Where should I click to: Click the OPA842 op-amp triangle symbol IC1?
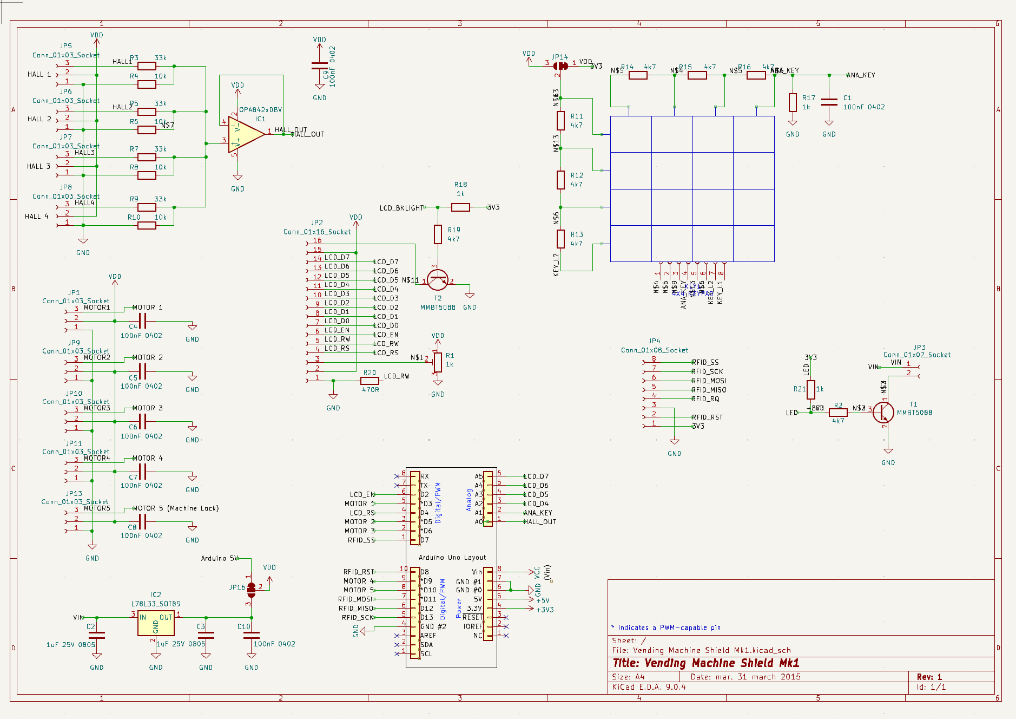click(245, 134)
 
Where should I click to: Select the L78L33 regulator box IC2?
click(156, 624)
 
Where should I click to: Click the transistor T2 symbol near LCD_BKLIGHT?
click(437, 280)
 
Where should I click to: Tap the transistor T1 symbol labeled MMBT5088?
click(883, 413)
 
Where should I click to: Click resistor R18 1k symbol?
click(460, 207)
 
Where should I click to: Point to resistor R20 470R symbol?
click(370, 381)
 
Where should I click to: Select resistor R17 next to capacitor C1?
click(793, 102)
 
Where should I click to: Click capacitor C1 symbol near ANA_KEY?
click(829, 102)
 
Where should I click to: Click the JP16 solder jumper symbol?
click(251, 587)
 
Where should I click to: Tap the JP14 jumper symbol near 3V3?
click(560, 66)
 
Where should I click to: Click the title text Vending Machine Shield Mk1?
click(705, 663)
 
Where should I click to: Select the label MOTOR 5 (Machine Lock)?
click(175, 508)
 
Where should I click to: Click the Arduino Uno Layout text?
click(452, 558)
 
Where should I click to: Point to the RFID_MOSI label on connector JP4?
click(709, 381)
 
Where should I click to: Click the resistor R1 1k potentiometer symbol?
click(438, 362)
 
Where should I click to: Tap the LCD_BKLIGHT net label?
click(401, 208)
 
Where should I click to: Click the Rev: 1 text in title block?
click(929, 677)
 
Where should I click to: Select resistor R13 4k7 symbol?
click(561, 238)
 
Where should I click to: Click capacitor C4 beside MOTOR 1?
click(142, 322)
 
